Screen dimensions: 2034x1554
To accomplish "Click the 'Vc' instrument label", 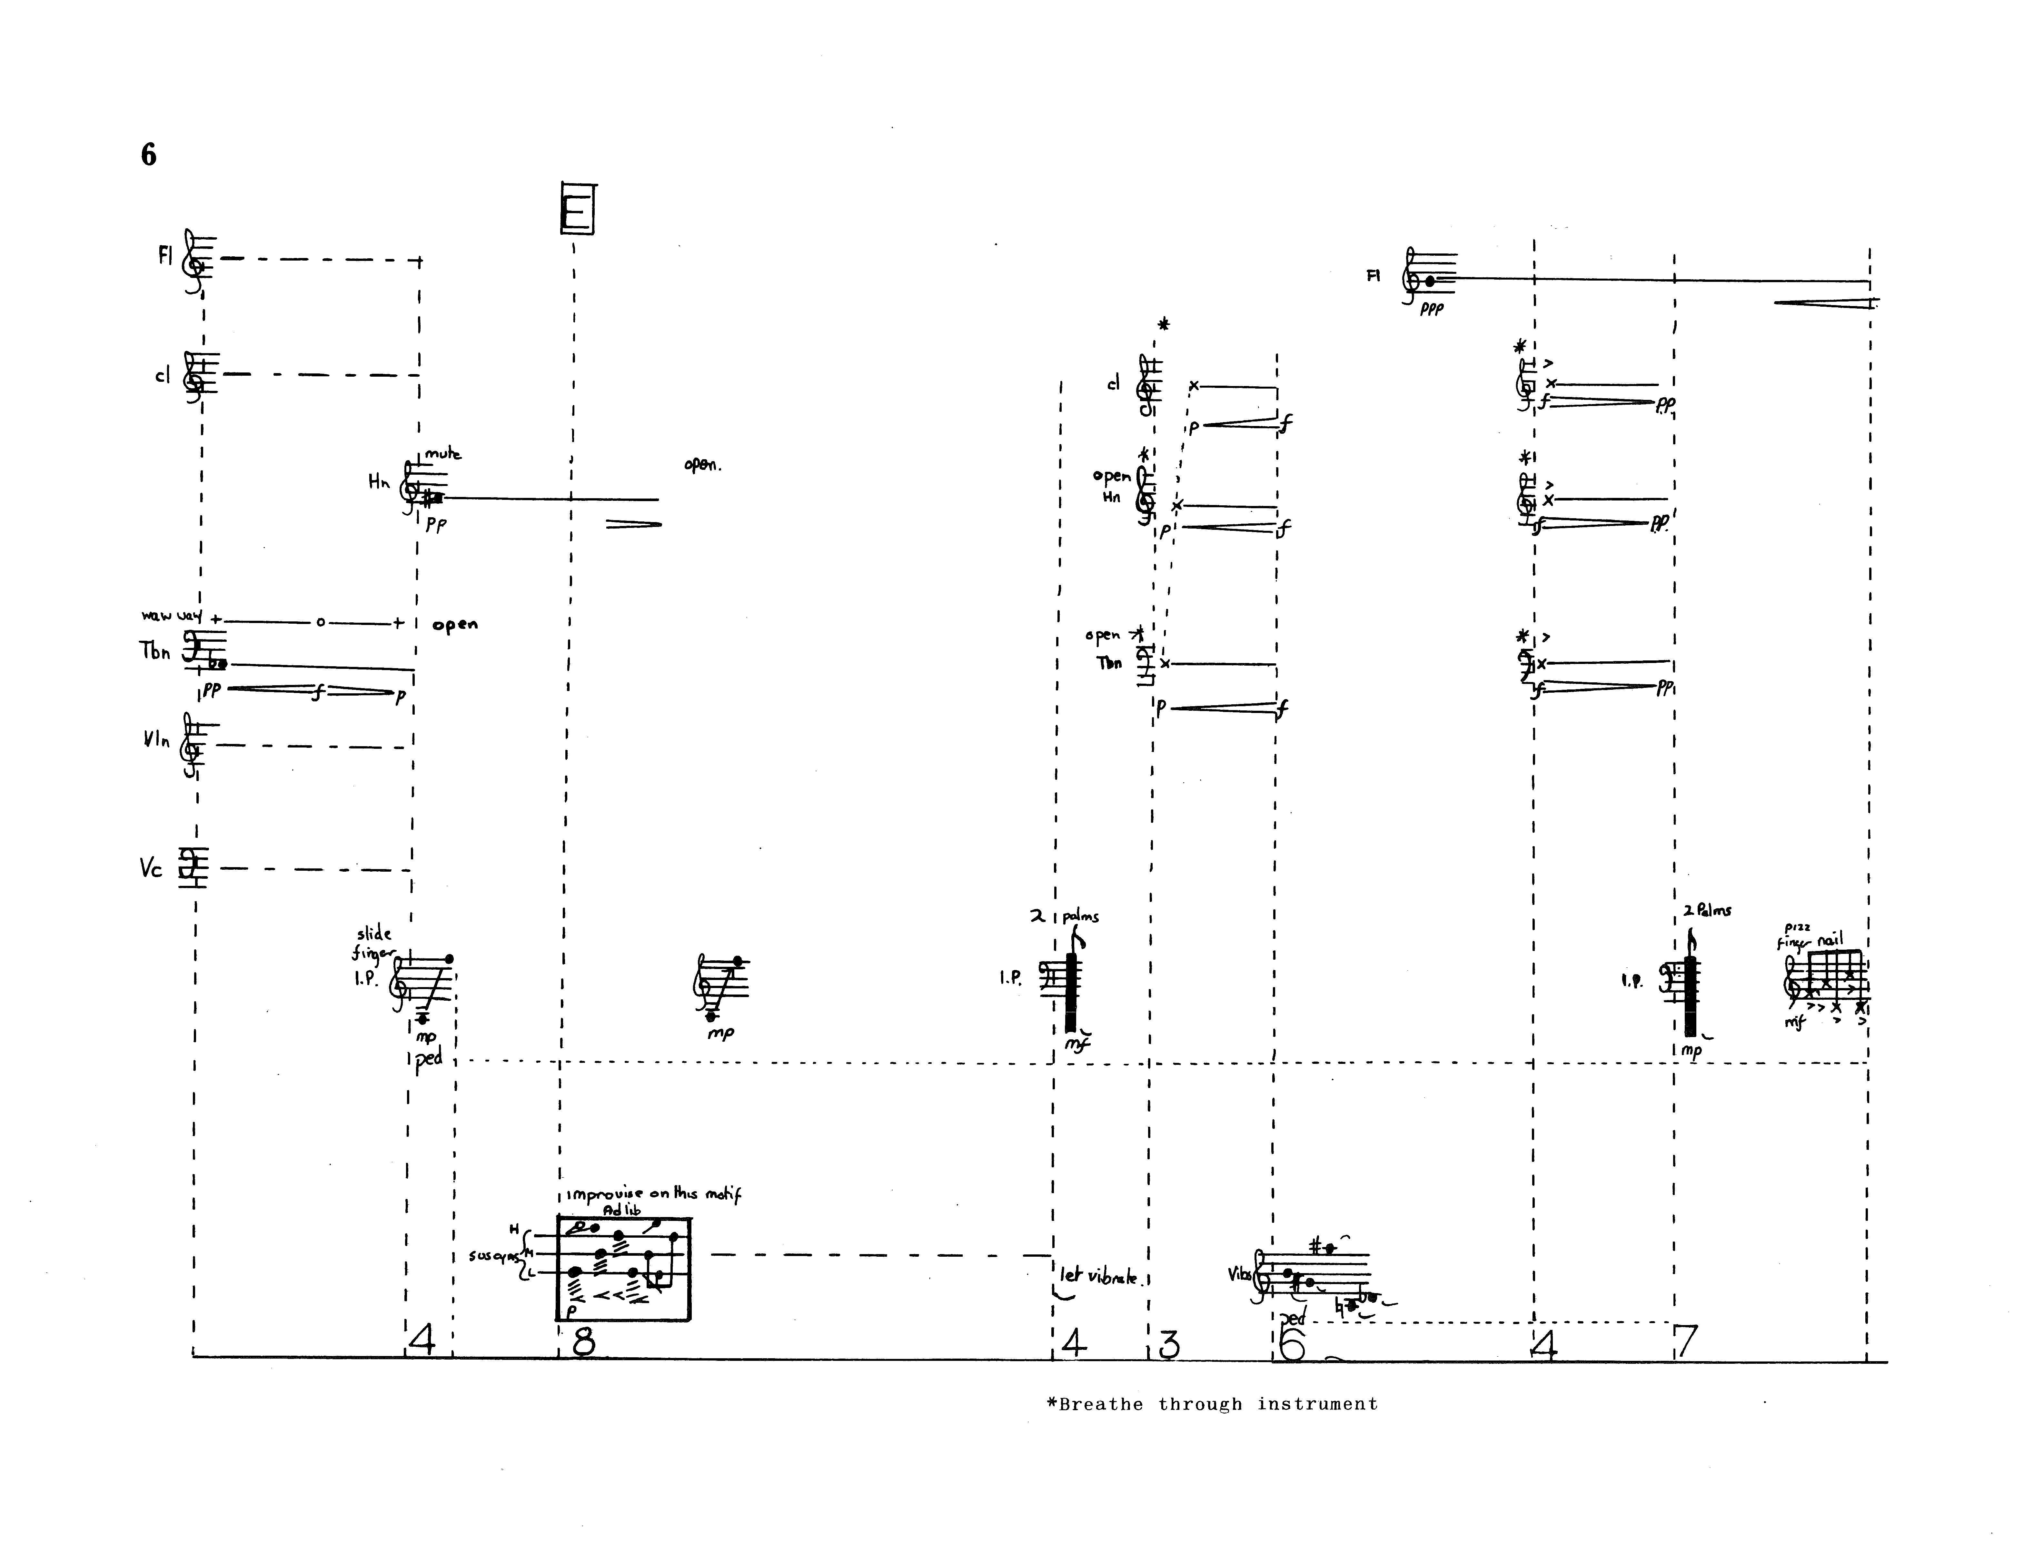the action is click(151, 868).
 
